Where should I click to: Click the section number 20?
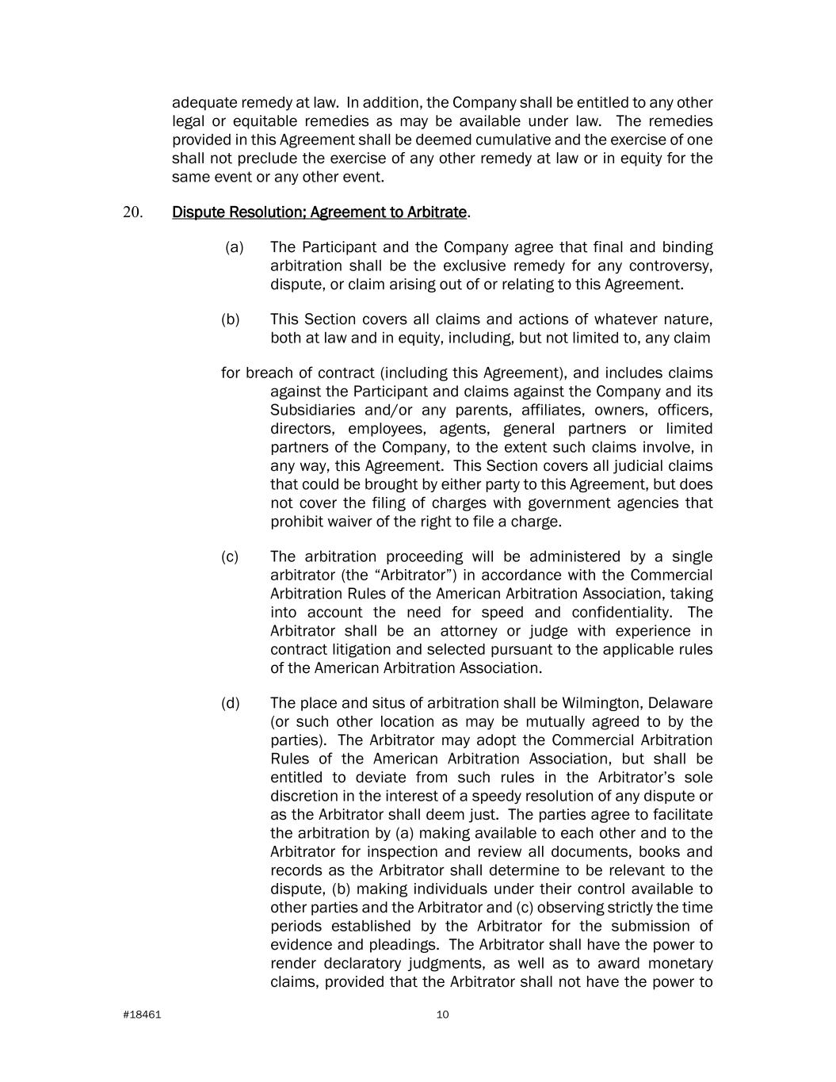[x=132, y=212]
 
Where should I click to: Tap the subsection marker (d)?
[x=231, y=703]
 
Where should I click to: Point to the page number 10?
[x=442, y=1015]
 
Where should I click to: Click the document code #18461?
[x=143, y=1015]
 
